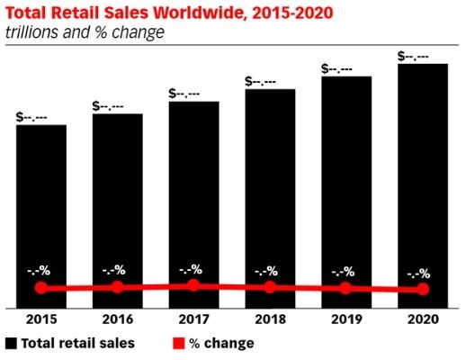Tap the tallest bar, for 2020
click(x=422, y=180)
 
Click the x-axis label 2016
click(x=117, y=319)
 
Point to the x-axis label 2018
click(x=269, y=319)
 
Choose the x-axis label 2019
click(x=345, y=319)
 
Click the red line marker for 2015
click(x=40, y=288)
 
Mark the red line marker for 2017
click(x=193, y=285)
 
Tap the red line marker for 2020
click(x=422, y=289)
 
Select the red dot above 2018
click(x=269, y=287)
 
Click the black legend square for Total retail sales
click(x=11, y=343)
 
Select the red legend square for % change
click(x=176, y=343)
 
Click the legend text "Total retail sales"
click(x=78, y=343)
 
